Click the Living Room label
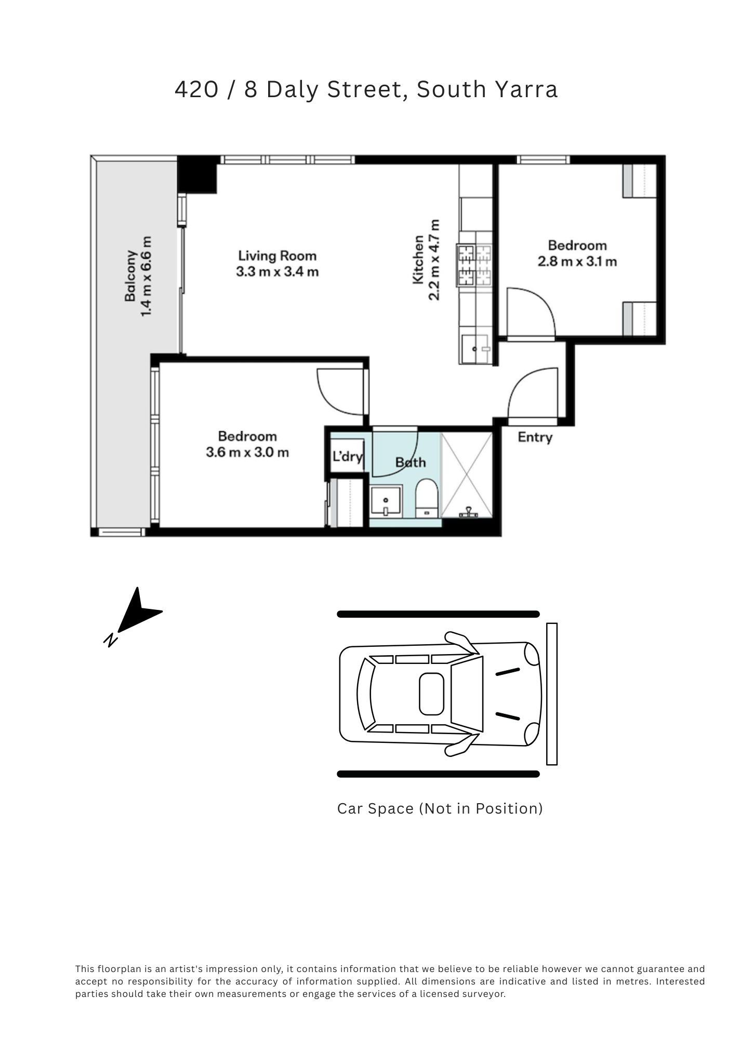(x=277, y=256)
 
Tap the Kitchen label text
(x=418, y=260)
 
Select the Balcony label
(x=130, y=276)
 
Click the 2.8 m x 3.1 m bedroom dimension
(x=577, y=261)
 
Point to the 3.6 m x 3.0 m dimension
(x=247, y=452)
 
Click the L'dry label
(x=348, y=457)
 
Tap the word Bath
(x=411, y=462)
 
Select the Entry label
(x=535, y=437)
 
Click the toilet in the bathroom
(x=428, y=499)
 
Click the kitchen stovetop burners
(x=474, y=265)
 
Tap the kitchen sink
(x=476, y=349)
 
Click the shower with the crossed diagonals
(x=467, y=475)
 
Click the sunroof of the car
(x=432, y=694)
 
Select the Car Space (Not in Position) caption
(x=440, y=809)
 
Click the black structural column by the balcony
(x=197, y=174)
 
